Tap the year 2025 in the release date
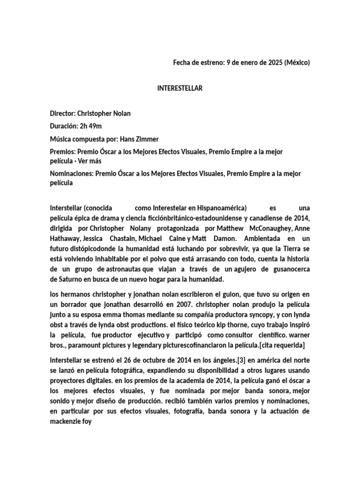267,62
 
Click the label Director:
63,113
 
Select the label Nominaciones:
72,173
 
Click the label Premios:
63,152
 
